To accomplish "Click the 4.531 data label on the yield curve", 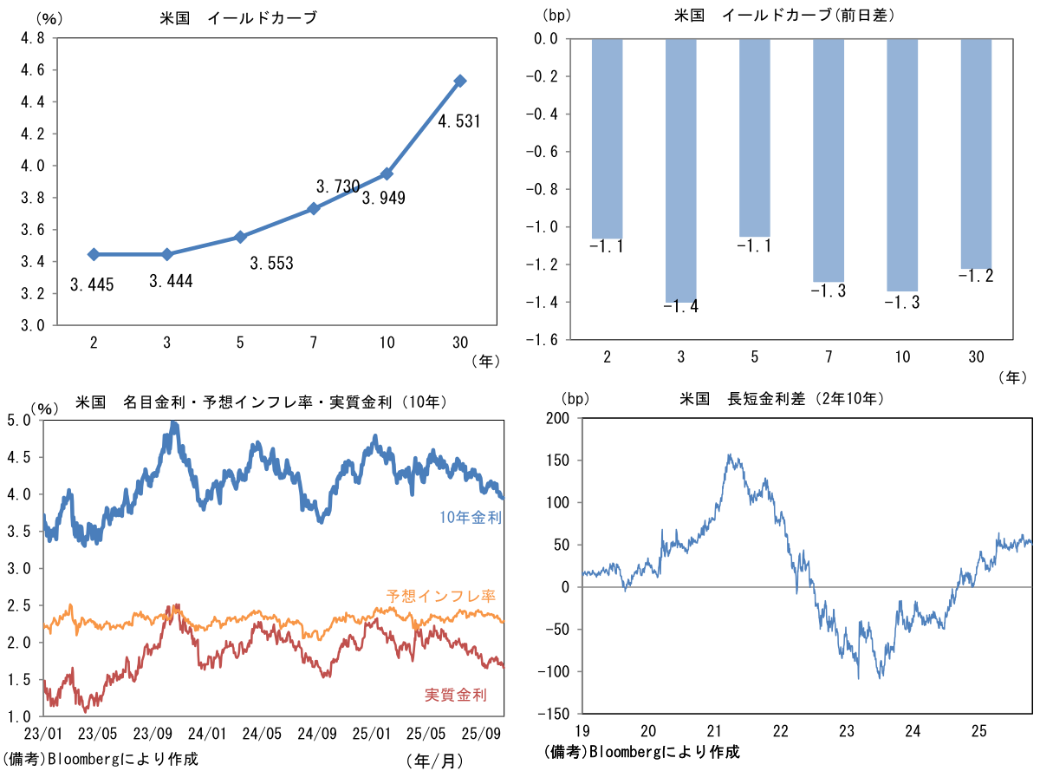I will (458, 121).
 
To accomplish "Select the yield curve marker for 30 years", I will (460, 81).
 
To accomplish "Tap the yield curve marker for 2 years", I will (94, 254).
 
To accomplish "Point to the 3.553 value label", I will (271, 264).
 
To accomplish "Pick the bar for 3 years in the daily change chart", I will (680, 170).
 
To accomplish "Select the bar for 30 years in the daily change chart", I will (975, 154).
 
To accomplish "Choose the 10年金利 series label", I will (471, 518).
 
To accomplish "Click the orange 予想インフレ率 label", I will (440, 596).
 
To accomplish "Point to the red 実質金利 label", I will (455, 695).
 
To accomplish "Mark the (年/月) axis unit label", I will (433, 760).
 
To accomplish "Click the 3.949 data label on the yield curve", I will (383, 198).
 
